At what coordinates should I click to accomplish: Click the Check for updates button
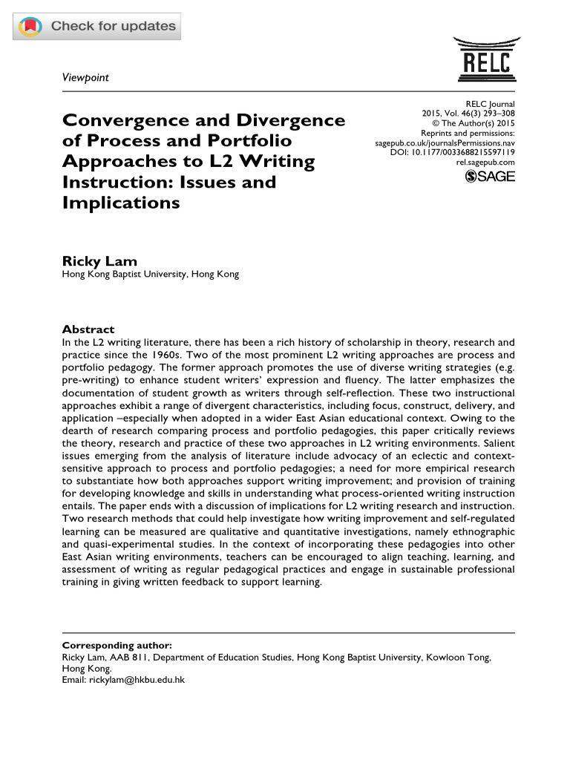click(x=97, y=27)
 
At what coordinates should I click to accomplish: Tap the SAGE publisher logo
click(x=489, y=176)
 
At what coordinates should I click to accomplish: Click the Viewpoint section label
click(x=85, y=78)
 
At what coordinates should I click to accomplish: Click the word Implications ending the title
click(x=120, y=202)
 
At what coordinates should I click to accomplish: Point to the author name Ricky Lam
click(x=99, y=261)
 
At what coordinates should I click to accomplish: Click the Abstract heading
click(x=88, y=329)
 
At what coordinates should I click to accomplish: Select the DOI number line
click(x=452, y=152)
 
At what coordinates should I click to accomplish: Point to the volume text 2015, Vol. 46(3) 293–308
click(x=468, y=114)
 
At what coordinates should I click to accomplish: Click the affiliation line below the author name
click(x=150, y=275)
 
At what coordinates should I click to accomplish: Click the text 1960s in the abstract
click(x=197, y=355)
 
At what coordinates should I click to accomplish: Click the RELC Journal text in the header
click(x=489, y=104)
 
